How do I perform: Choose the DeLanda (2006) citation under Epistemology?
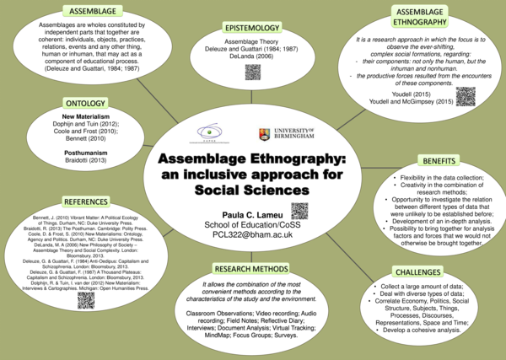coord(252,56)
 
